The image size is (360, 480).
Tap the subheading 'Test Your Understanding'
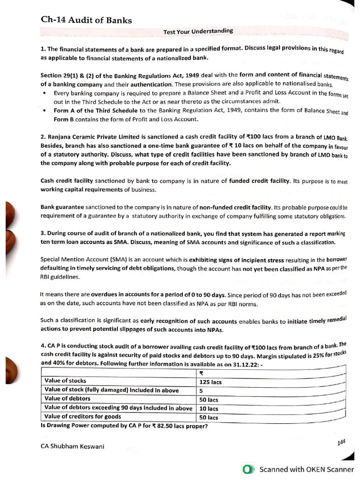pyautogui.click(x=198, y=31)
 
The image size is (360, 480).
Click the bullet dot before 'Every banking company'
pyautogui.click(x=44, y=93)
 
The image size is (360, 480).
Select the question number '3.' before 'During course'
pyautogui.click(x=43, y=234)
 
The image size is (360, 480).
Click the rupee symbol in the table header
pyautogui.click(x=202, y=374)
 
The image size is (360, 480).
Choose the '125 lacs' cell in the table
pyautogui.click(x=210, y=382)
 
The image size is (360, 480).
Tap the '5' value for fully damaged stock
pyautogui.click(x=201, y=390)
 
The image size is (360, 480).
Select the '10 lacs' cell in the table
pyautogui.click(x=209, y=408)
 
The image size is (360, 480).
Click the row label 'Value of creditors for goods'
pyautogui.click(x=84, y=416)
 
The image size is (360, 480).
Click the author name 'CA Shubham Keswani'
pyautogui.click(x=73, y=446)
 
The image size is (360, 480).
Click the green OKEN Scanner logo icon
pyautogui.click(x=248, y=469)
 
